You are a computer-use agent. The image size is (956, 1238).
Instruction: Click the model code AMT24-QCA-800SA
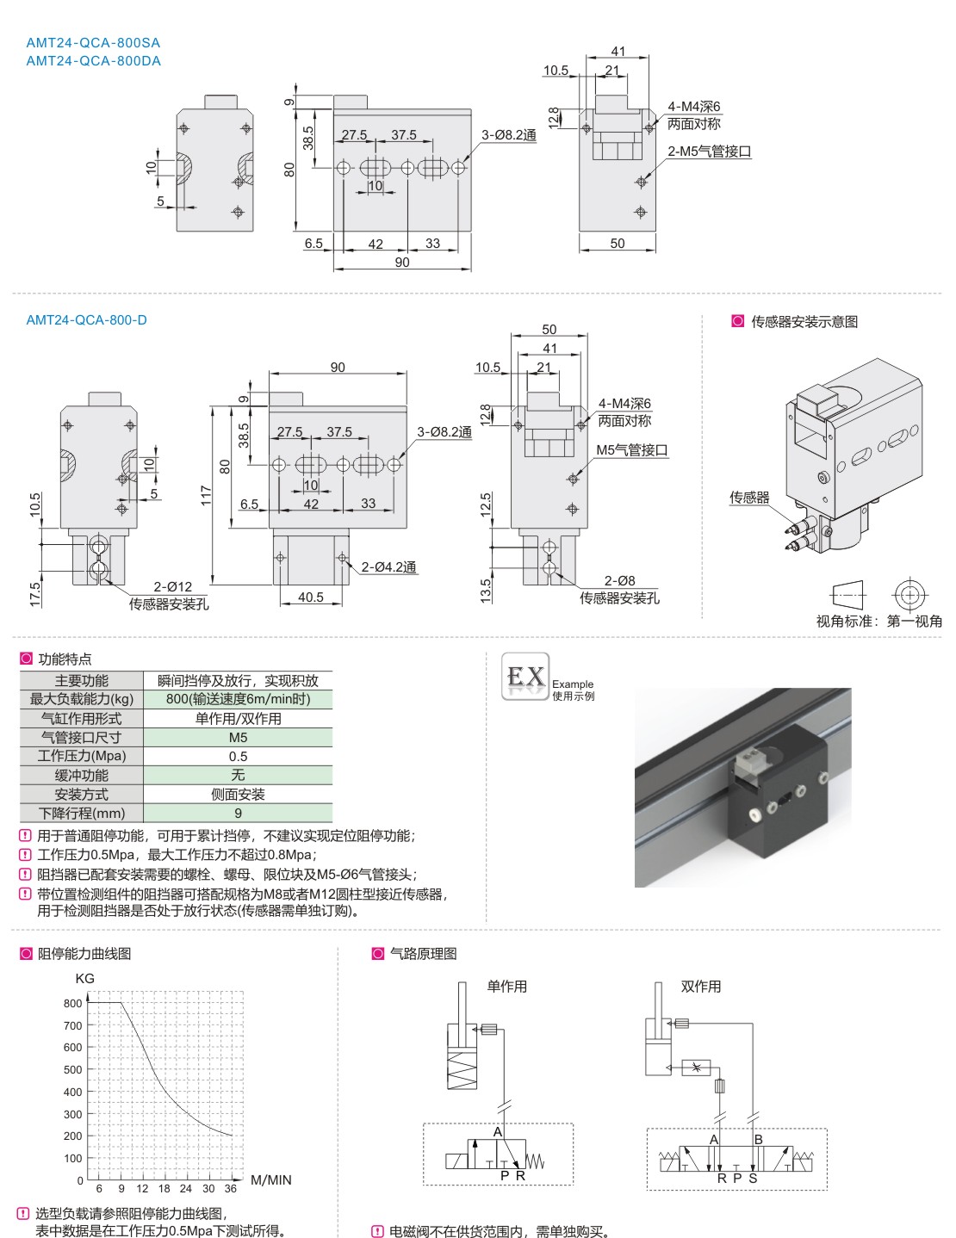coord(93,42)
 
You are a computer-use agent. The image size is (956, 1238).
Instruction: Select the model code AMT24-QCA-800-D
coord(86,320)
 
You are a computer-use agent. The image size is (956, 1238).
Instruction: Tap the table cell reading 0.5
coord(238,756)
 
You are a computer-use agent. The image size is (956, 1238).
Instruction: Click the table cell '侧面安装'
coord(238,794)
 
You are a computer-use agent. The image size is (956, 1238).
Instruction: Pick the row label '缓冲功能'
coord(82,775)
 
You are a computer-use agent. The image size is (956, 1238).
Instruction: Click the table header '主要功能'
coord(82,680)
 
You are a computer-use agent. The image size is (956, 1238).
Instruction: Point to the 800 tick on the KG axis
coord(73,1003)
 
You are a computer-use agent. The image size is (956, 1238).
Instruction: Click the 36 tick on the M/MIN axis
coord(230,1188)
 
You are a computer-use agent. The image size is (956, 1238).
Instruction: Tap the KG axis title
coord(84,979)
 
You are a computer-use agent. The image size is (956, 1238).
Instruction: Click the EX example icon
coord(525,677)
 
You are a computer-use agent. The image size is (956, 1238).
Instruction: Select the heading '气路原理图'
coord(423,954)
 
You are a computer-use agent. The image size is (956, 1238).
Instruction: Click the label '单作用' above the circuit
coord(506,987)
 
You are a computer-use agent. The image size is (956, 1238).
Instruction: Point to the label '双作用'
coord(700,987)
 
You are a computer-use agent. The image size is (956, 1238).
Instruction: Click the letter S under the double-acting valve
coord(753,1179)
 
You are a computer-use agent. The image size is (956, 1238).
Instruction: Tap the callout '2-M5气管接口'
coord(709,152)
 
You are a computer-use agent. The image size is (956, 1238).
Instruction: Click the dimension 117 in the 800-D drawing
coord(206,495)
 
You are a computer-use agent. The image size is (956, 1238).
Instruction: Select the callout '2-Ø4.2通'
coord(388,566)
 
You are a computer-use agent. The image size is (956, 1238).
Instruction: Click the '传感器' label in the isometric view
coord(749,498)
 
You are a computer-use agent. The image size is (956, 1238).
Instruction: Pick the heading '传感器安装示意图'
coord(804,322)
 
